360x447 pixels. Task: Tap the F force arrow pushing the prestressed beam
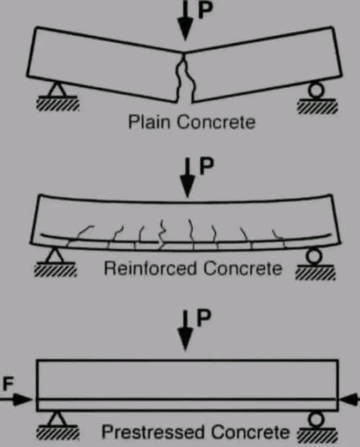coord(19,399)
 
